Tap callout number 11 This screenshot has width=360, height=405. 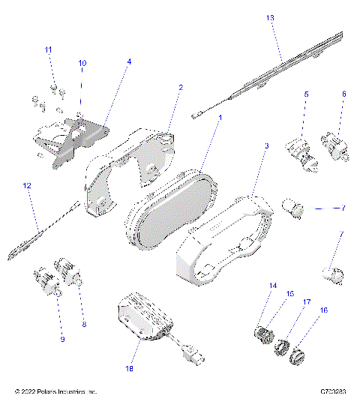pos(49,49)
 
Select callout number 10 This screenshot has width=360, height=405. pos(82,63)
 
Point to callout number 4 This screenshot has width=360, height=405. pos(128,62)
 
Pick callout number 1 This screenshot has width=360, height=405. pos(220,118)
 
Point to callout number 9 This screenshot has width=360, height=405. pos(62,340)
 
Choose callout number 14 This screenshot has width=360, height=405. pos(273,285)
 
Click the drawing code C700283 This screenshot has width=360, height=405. pos(334,392)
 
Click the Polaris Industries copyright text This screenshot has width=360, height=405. pos(56,392)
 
